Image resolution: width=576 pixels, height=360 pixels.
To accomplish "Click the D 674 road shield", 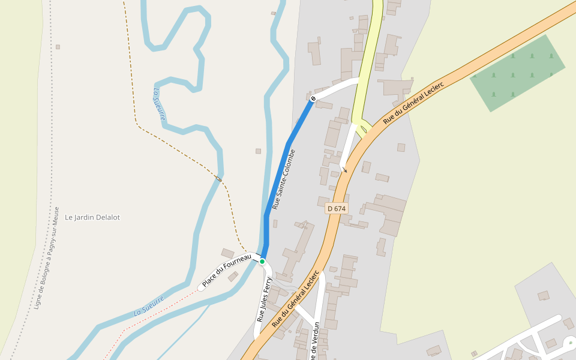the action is [337, 208].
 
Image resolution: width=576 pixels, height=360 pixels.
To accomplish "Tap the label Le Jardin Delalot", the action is [92, 217].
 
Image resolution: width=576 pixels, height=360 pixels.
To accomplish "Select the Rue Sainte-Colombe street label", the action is [284, 179].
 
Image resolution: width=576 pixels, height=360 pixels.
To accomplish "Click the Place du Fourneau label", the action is [226, 271].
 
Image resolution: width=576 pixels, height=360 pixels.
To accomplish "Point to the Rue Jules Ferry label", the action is [264, 299].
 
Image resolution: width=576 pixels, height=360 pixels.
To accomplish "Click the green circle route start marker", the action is [262, 262].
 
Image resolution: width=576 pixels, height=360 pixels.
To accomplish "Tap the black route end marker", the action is [313, 98].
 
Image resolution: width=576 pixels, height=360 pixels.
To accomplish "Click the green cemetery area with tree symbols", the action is [517, 73].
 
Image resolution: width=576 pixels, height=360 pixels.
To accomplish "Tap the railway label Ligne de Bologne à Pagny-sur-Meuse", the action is [47, 258].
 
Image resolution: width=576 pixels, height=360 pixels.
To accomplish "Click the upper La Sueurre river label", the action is [159, 104].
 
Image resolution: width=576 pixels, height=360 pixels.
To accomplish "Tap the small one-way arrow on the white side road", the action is [345, 170].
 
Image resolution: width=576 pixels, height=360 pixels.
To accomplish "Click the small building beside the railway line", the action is [58, 47].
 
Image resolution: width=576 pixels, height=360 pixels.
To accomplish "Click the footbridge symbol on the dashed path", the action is [219, 179].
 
